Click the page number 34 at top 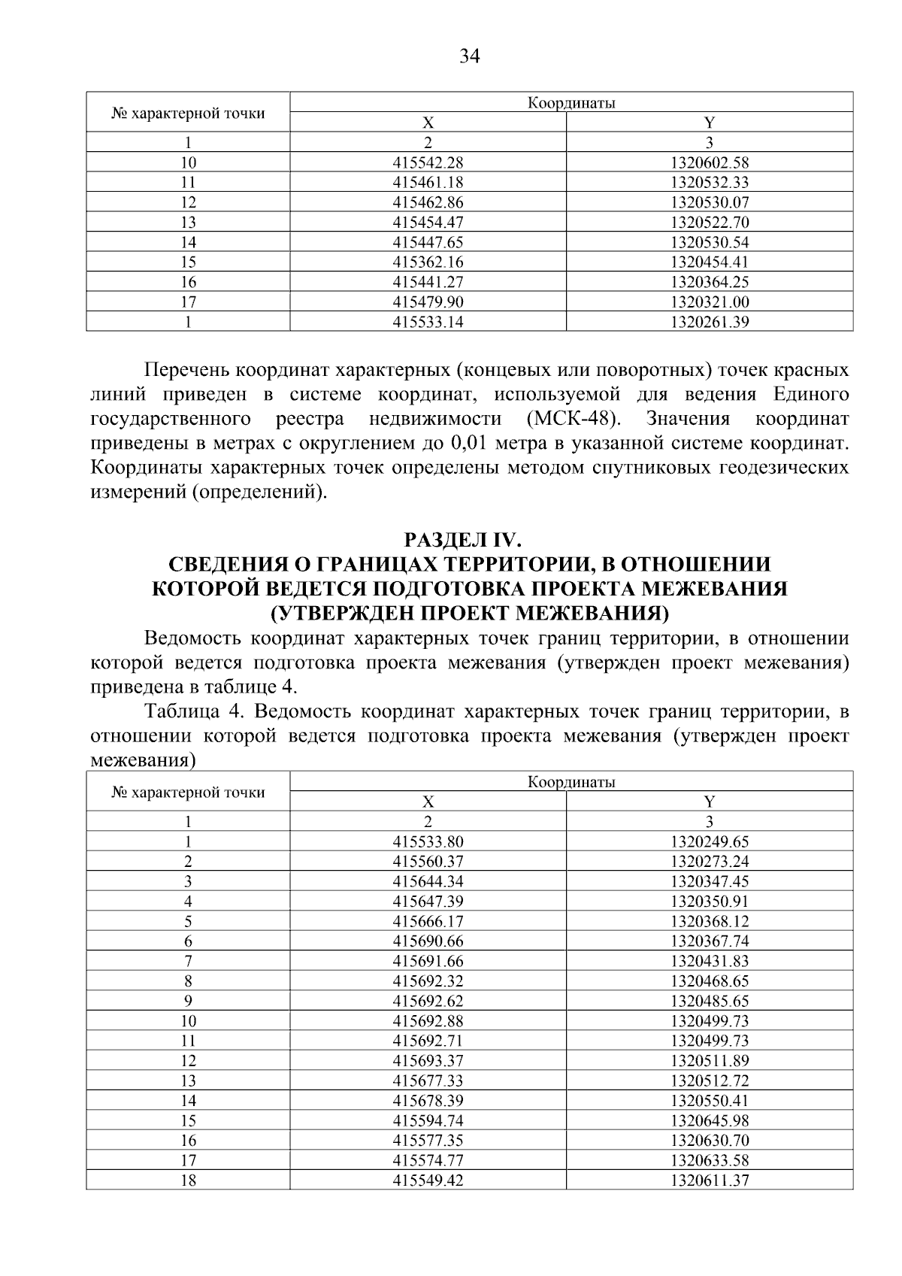(x=469, y=56)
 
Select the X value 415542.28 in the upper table (x=428, y=162)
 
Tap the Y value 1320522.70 (x=710, y=223)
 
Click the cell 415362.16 (x=428, y=262)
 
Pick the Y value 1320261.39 (x=710, y=323)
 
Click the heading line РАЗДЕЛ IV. (x=469, y=540)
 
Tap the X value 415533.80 (x=428, y=841)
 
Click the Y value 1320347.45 (x=710, y=881)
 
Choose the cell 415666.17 (x=428, y=921)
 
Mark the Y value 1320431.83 (x=710, y=961)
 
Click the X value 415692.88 (x=428, y=1021)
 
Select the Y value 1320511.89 (x=710, y=1061)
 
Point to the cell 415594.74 (x=428, y=1120)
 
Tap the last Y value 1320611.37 (x=710, y=1181)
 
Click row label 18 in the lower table (x=188, y=1181)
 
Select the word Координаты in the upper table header (x=571, y=103)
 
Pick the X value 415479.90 (x=428, y=302)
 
